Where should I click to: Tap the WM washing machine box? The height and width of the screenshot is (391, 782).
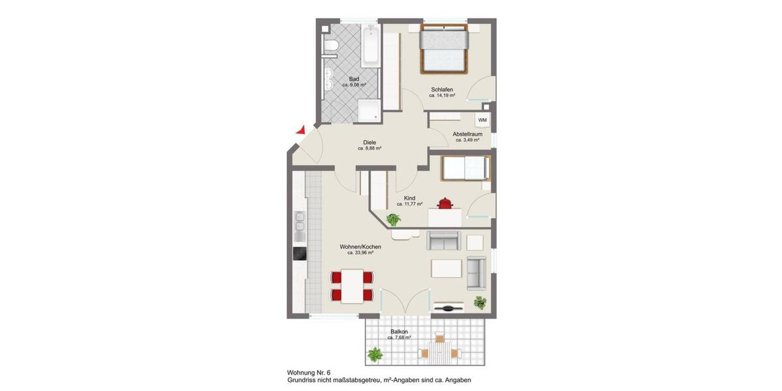[482, 121]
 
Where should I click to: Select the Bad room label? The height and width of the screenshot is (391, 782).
[354, 80]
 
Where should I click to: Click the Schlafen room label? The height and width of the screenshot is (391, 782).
[442, 90]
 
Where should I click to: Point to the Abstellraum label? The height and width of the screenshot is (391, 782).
[467, 134]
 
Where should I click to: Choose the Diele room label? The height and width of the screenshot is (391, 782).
[369, 143]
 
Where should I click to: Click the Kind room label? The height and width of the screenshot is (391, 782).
[410, 198]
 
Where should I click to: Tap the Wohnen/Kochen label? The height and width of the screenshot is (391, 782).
[360, 248]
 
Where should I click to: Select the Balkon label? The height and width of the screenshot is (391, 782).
[399, 332]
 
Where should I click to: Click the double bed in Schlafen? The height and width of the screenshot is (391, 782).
[444, 48]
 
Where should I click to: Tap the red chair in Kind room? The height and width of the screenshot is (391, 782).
[446, 203]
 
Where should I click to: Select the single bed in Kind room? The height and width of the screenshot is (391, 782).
[465, 168]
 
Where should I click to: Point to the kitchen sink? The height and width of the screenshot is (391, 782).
[300, 225]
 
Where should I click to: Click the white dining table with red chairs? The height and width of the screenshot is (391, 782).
[353, 286]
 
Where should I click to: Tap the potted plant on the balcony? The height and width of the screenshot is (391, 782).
[375, 355]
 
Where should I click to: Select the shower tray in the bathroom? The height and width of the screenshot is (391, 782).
[369, 110]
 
